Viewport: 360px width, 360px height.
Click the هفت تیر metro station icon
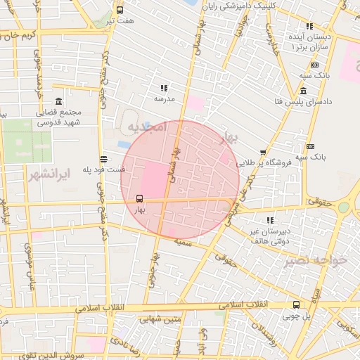click(120, 11)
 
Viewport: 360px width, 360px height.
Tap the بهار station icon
click(139, 198)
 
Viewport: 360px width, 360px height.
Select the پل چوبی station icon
click(296, 305)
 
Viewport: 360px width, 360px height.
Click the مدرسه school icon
click(164, 89)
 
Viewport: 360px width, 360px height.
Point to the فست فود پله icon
click(104, 159)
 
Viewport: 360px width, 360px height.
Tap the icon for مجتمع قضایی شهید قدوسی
click(58, 101)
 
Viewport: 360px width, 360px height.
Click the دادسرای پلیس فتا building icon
click(303, 91)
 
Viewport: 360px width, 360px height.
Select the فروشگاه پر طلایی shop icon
click(263, 152)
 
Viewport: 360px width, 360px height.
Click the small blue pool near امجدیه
click(124, 144)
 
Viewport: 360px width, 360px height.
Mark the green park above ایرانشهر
click(25, 141)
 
